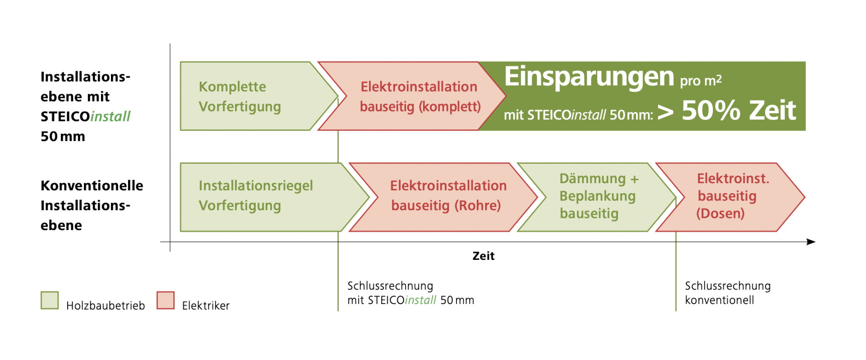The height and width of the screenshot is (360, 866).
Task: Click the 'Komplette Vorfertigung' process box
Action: pyautogui.click(x=253, y=96)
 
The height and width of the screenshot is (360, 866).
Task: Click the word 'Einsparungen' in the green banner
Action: pyautogui.click(x=589, y=77)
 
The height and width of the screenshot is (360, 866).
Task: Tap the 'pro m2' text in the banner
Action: pyautogui.click(x=701, y=80)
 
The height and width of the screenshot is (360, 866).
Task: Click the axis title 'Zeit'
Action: pyautogui.click(x=484, y=256)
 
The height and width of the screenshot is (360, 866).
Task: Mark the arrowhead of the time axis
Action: pyautogui.click(x=811, y=242)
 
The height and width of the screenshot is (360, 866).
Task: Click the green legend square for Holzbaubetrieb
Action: pyautogui.click(x=50, y=300)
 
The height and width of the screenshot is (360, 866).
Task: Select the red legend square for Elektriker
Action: pyautogui.click(x=166, y=300)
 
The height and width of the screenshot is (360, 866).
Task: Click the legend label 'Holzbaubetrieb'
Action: pyautogui.click(x=106, y=305)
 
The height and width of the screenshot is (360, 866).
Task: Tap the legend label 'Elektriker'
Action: pyautogui.click(x=206, y=305)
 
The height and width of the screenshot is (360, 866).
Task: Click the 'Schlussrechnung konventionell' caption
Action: pyautogui.click(x=728, y=293)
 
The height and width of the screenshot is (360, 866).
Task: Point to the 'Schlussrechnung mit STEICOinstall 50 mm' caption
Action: pyautogui.click(x=411, y=293)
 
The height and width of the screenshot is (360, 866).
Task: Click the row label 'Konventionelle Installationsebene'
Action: pyautogui.click(x=92, y=205)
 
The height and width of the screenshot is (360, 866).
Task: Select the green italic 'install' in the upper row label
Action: pyautogui.click(x=111, y=116)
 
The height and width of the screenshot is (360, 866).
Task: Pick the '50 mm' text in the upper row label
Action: pyautogui.click(x=63, y=136)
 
